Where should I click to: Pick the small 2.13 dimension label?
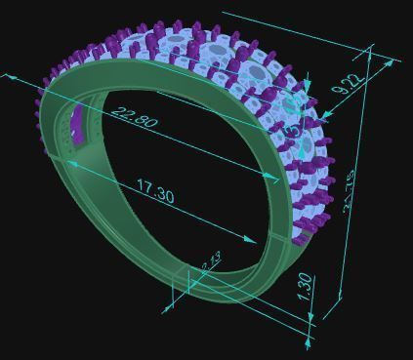[x=211, y=260]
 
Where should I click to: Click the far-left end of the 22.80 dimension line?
[x=10, y=73]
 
